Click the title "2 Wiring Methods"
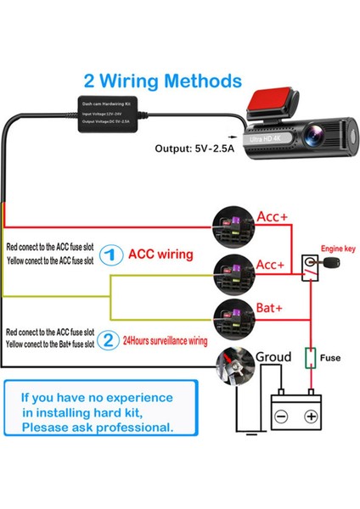click(161, 81)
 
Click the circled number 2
click(108, 340)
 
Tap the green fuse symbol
click(312, 357)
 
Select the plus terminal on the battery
click(311, 417)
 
